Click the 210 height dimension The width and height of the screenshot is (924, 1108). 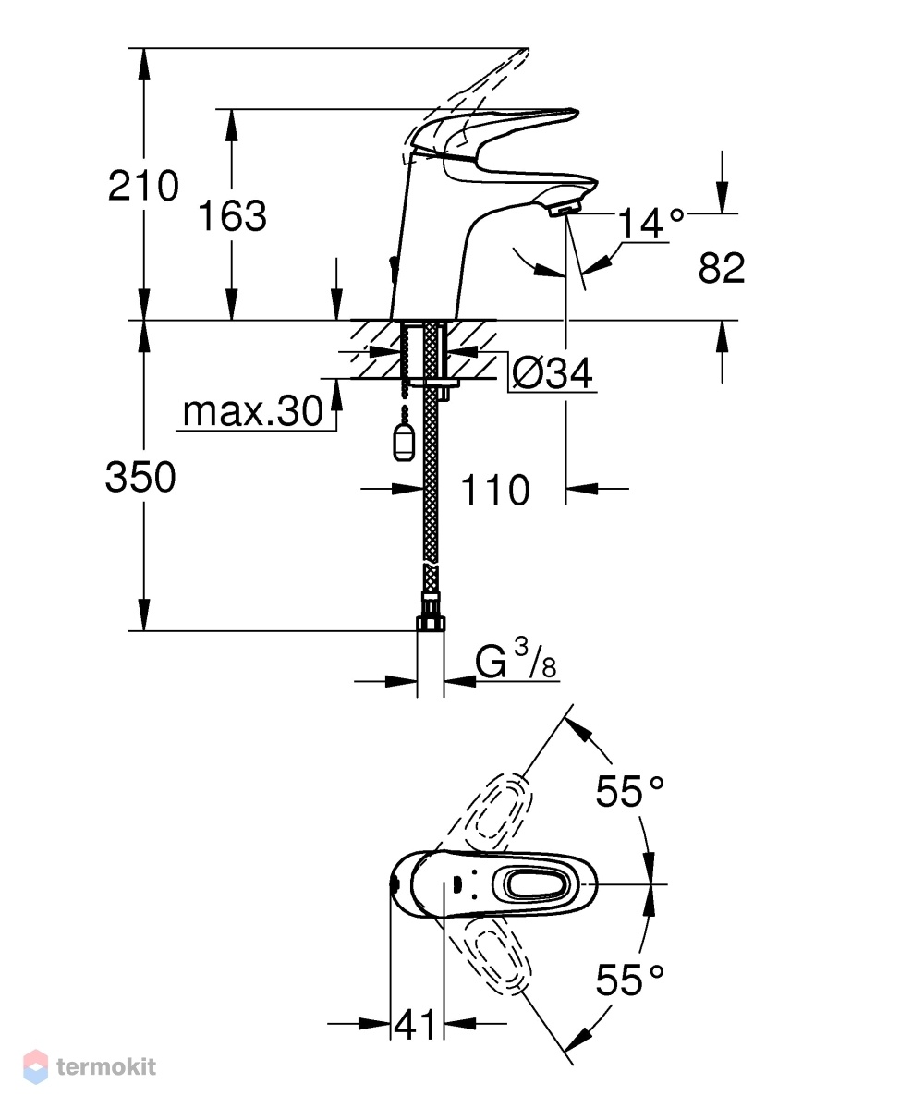[x=143, y=186]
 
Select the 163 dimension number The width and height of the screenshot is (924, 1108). [x=232, y=215]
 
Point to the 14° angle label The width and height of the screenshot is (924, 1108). [x=650, y=224]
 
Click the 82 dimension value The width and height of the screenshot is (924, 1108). [x=722, y=268]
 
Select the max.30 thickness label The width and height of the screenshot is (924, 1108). [x=253, y=410]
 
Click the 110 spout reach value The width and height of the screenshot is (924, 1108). [x=494, y=490]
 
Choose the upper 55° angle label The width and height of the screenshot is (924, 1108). [x=629, y=791]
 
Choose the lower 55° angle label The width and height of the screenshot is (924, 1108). [x=629, y=980]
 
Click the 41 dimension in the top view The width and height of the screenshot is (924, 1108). [x=415, y=1024]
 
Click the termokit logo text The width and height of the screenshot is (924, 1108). [x=106, y=1066]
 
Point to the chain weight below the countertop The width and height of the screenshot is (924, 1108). [x=404, y=443]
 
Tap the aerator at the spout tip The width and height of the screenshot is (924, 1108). [x=565, y=208]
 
